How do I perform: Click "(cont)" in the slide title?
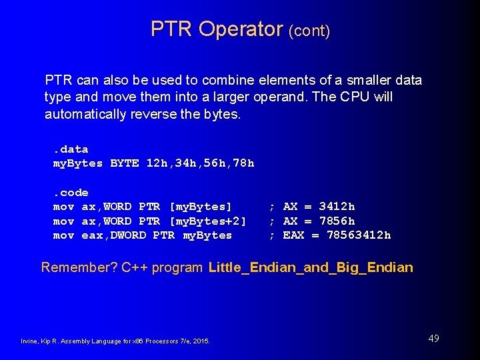point(309,31)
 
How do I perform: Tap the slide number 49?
point(433,339)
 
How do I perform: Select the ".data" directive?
point(71,149)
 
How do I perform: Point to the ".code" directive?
point(71,193)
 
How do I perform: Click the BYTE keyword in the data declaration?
point(125,163)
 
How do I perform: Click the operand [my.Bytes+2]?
point(209,221)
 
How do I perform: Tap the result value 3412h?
point(337,207)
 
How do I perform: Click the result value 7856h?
point(337,221)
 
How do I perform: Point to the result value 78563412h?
point(359,235)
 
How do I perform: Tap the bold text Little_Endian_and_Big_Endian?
point(311,268)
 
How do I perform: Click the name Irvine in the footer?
point(29,341)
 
